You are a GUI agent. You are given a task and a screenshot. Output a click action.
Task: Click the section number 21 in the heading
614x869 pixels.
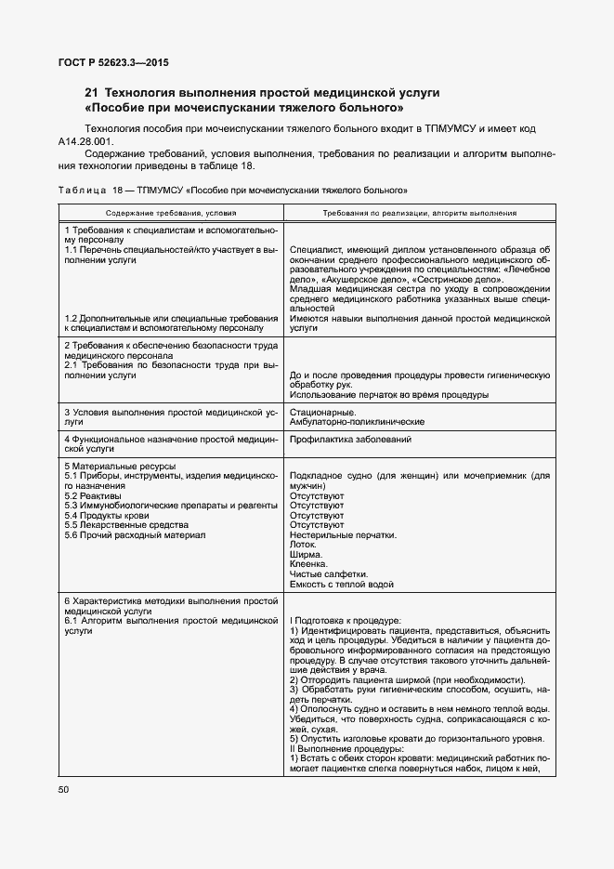coord(91,93)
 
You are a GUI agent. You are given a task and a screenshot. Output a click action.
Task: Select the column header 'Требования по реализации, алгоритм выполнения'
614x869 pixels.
coord(420,213)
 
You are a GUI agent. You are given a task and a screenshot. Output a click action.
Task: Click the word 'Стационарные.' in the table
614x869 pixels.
coord(322,412)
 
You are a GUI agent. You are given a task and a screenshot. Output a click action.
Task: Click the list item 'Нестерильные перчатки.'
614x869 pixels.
coord(343,535)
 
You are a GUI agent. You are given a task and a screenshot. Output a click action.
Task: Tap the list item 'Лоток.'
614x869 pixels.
coord(305,545)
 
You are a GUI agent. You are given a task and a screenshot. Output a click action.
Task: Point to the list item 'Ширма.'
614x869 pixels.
coord(307,555)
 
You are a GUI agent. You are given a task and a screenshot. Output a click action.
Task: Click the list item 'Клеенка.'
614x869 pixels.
coord(309,564)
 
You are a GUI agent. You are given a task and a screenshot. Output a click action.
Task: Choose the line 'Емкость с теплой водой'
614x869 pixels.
coord(342,585)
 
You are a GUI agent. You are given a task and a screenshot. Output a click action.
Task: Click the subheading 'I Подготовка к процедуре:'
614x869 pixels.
coord(346,620)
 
